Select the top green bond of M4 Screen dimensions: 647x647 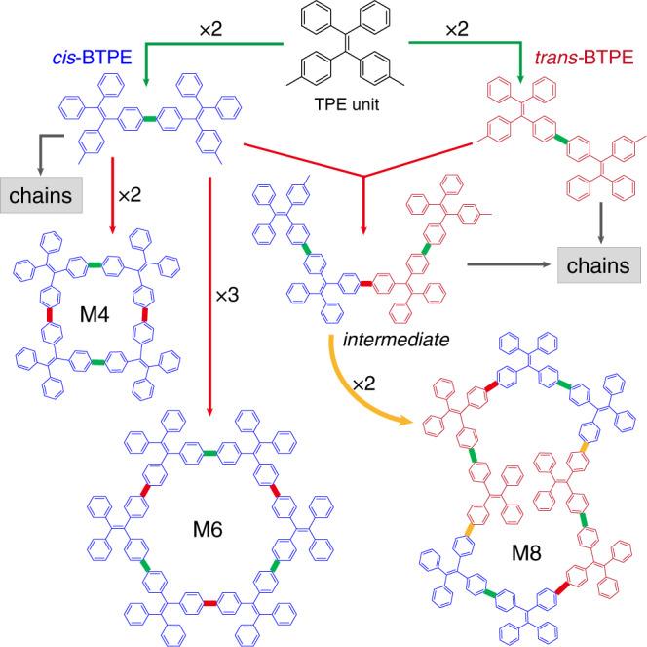(92, 263)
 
